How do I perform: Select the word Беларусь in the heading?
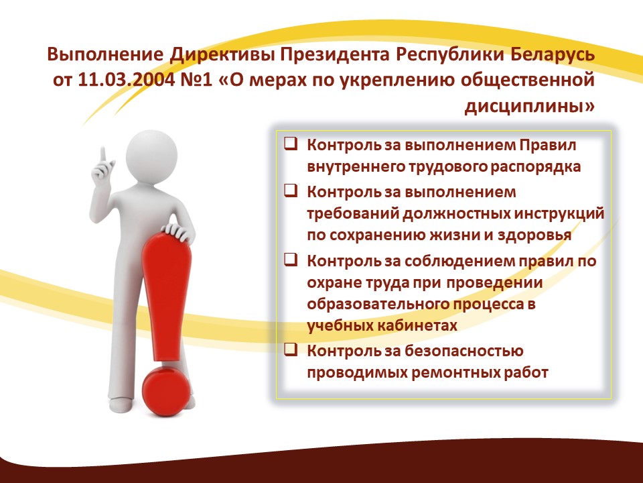(553, 54)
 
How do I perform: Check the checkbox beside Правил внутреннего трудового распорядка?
(290, 144)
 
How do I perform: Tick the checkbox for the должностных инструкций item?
(290, 191)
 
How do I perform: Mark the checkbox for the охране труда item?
(290, 260)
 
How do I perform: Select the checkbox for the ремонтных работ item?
(290, 350)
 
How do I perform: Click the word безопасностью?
(463, 351)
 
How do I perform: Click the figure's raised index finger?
(103, 155)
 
